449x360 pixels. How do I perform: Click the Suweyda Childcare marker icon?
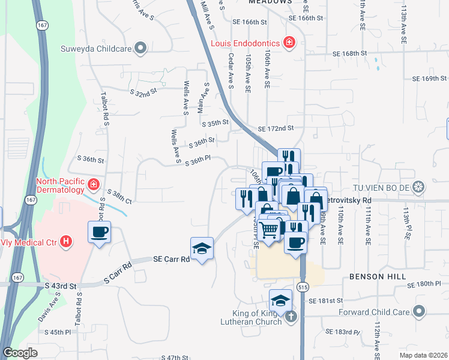(140, 48)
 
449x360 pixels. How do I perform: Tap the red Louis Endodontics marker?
(289, 42)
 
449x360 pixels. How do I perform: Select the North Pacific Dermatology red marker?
(93, 183)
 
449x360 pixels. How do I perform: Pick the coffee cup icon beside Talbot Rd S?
(100, 232)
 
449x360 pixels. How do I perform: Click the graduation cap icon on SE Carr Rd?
(202, 248)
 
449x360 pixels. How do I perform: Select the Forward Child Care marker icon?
(419, 311)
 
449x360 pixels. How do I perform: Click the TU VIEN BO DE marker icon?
(419, 187)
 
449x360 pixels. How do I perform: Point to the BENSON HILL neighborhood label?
(374, 277)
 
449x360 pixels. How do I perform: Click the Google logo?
(20, 353)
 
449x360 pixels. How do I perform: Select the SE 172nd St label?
(276, 128)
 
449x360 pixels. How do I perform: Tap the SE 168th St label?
(350, 53)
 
